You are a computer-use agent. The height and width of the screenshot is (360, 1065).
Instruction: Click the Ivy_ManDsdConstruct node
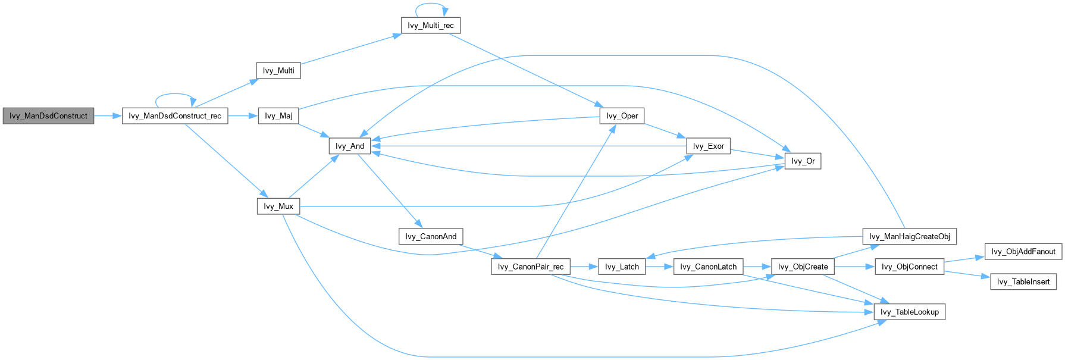[48, 116]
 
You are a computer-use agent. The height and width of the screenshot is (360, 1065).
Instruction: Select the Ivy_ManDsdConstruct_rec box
[175, 116]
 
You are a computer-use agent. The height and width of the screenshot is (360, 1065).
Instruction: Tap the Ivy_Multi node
[278, 71]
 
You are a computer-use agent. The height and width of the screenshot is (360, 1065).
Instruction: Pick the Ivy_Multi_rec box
[431, 26]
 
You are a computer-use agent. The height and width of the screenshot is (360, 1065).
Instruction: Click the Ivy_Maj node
[278, 116]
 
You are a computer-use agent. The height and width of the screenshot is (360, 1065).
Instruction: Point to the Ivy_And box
[350, 146]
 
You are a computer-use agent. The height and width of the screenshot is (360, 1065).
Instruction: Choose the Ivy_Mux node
[278, 206]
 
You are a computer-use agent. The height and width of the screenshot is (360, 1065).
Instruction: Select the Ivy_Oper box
[622, 116]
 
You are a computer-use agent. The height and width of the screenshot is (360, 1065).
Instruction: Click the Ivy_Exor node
[708, 146]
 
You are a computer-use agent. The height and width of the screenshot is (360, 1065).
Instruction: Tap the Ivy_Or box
[803, 161]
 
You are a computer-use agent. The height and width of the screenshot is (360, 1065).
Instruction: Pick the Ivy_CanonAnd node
[431, 236]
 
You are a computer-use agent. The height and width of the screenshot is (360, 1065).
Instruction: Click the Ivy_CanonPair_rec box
[531, 267]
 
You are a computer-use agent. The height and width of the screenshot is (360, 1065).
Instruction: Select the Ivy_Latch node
[622, 267]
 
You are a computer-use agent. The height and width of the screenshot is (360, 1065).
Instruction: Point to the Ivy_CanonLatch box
[708, 267]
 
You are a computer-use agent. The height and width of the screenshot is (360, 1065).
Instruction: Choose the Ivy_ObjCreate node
[803, 267]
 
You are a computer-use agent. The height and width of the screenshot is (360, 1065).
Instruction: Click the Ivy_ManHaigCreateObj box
[909, 236]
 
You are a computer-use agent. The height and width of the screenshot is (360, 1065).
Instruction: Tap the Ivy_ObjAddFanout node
[1023, 252]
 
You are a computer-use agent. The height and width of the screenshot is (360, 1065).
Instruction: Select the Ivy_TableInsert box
[1023, 281]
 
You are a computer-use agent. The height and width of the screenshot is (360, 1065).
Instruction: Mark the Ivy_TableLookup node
[909, 312]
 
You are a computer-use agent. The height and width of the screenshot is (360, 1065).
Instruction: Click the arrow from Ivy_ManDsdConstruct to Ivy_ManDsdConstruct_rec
[108, 116]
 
